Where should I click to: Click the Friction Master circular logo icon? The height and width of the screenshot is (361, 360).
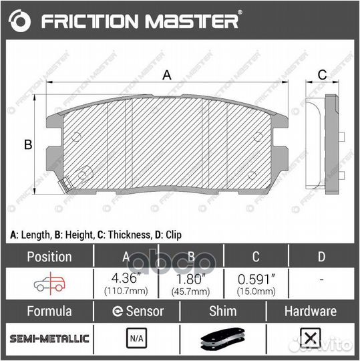point(20,21)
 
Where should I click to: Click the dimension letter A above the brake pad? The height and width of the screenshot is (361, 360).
point(168,76)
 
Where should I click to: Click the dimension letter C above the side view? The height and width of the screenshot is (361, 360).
point(321,74)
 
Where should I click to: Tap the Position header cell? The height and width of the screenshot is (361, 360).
point(48,256)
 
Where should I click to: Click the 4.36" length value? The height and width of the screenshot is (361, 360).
point(126,277)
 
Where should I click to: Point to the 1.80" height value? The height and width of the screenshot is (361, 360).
point(190,277)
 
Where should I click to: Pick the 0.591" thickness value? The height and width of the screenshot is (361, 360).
point(255,277)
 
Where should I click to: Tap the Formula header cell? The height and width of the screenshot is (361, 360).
point(48,312)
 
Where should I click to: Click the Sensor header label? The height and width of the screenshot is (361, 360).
point(138,312)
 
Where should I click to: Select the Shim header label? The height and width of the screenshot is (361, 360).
point(224,312)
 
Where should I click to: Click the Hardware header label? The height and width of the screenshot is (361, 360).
point(310,312)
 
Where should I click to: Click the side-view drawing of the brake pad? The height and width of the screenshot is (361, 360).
point(324,145)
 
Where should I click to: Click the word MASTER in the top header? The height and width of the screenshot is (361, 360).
point(194,21)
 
